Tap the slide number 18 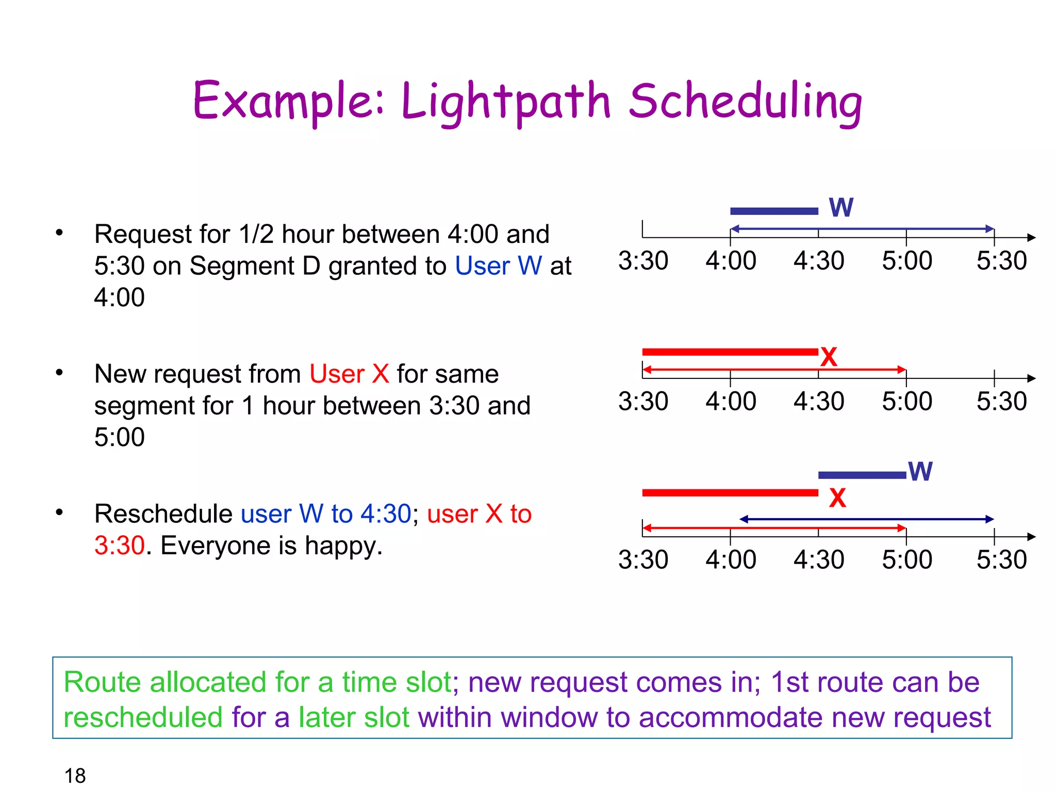75,775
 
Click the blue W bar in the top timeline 774,211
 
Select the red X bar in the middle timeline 730,352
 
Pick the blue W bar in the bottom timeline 862,475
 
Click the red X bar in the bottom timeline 730,493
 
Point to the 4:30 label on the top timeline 819,261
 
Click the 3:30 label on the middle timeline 643,401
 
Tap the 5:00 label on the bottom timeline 907,560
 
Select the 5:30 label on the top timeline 1001,261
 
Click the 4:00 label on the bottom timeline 731,560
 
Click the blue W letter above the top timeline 841,208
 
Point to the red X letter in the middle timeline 829,357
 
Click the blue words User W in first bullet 498,266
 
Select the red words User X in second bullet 349,374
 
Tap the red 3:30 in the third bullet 119,546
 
